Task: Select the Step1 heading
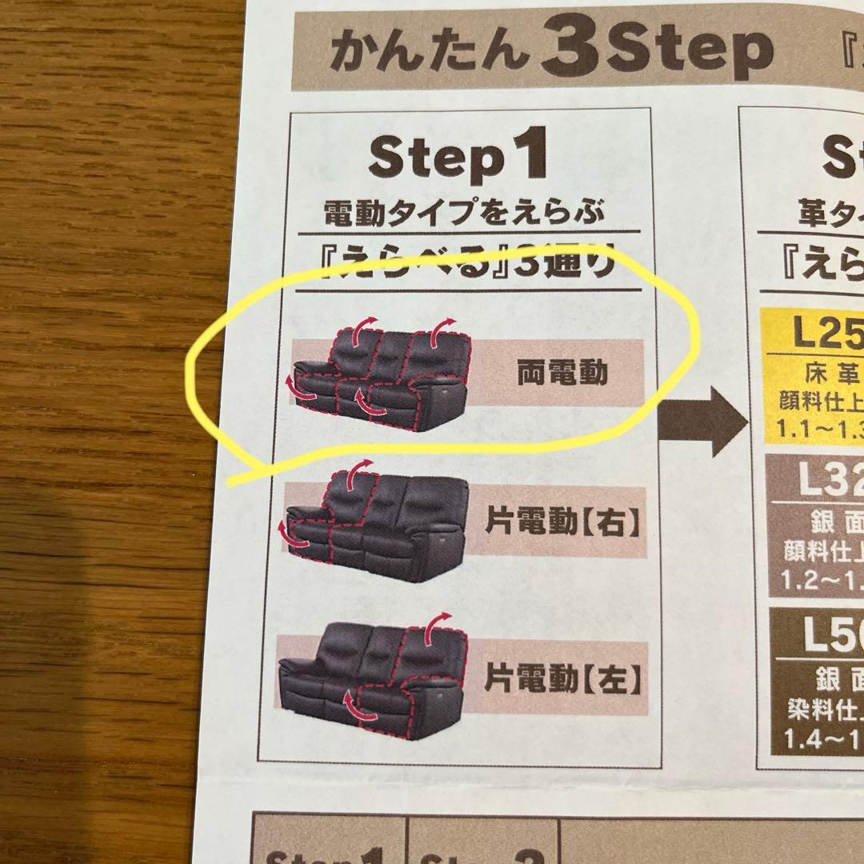[x=458, y=158]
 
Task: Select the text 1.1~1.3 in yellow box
[x=819, y=427]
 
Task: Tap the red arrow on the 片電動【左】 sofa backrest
[x=438, y=630]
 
